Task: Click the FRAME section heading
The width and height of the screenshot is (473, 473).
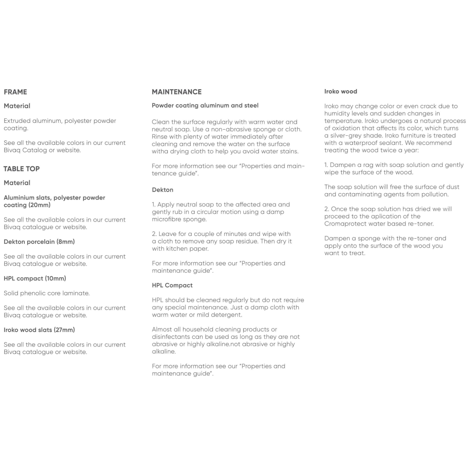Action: pos(15,92)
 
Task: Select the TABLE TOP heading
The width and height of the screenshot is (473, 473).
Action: pos(22,169)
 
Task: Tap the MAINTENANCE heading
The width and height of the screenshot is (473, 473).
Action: pos(176,92)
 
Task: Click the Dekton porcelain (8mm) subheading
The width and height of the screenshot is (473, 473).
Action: pos(39,242)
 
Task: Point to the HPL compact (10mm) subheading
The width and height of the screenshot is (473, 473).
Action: pos(35,278)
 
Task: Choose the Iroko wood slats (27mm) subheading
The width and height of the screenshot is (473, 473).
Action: pos(39,330)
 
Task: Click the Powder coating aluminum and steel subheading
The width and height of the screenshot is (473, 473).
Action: pos(205,106)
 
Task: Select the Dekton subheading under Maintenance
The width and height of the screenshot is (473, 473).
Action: pos(162,190)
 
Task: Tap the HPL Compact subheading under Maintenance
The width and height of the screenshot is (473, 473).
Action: pos(172,285)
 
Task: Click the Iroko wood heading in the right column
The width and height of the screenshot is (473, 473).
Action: pos(341,92)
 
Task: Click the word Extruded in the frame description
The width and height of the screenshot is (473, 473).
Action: pos(17,121)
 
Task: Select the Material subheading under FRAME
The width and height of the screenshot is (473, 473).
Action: pos(17,106)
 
